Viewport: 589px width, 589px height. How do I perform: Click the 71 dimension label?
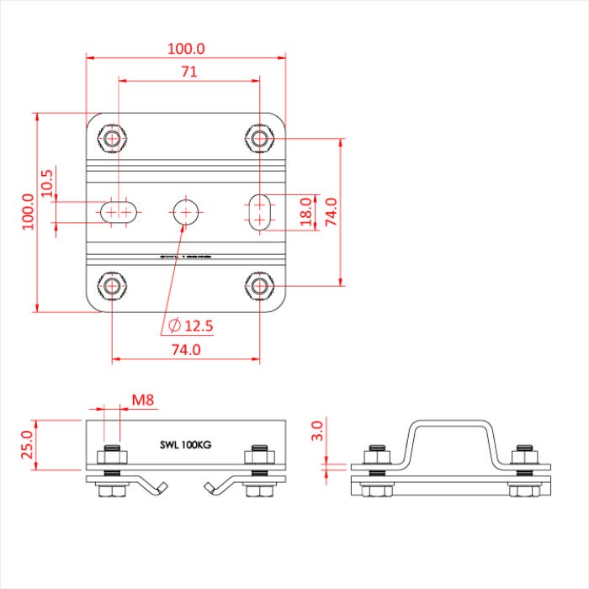(x=188, y=72)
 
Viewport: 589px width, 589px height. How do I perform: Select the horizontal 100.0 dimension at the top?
(x=187, y=49)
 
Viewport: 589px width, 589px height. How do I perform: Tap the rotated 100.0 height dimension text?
(x=27, y=210)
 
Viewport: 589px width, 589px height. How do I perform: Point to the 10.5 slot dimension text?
(x=47, y=183)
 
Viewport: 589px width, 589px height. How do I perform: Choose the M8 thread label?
(x=142, y=401)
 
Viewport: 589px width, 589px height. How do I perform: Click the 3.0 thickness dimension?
(x=316, y=432)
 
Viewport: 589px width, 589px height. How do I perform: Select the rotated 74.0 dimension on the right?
(x=331, y=212)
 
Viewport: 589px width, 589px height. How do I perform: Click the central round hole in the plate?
(x=186, y=211)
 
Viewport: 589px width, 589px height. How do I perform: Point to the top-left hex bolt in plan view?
(x=112, y=137)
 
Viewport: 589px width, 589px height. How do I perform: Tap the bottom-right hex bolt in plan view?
(x=260, y=286)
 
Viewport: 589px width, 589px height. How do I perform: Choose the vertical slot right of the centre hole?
(x=261, y=211)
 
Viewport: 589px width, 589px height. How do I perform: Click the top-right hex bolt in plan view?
(x=260, y=137)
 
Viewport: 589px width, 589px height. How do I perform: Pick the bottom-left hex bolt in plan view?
(x=112, y=286)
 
